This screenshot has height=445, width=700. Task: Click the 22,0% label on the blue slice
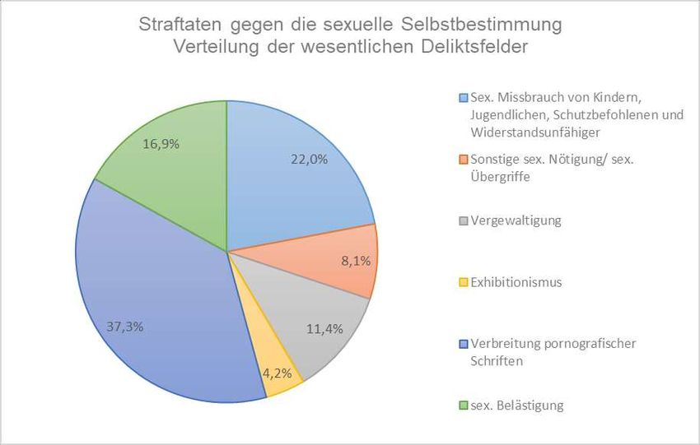pos(309,160)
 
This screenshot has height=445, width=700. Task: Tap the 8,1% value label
pos(354,261)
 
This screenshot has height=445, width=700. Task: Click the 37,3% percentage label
pos(126,327)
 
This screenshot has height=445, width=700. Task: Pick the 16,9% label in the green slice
pos(161,144)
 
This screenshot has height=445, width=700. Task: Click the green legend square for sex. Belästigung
pos(464,405)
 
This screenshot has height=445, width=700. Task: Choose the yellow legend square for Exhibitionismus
pos(464,282)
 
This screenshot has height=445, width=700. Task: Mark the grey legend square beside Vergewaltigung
pos(464,220)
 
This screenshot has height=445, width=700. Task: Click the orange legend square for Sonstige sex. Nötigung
pos(464,159)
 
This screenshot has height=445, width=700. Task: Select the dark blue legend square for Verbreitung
pos(464,343)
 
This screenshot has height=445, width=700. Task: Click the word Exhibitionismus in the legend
pos(516,282)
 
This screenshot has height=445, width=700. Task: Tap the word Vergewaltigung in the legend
pos(515,220)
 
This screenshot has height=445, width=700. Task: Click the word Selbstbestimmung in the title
pos(491,25)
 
